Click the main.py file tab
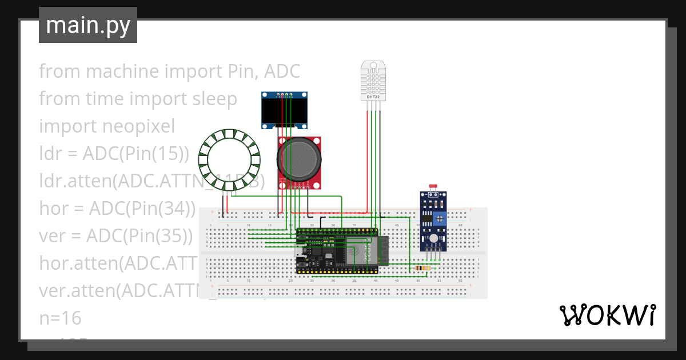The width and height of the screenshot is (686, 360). [x=87, y=25]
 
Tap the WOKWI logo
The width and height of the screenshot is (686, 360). [x=607, y=315]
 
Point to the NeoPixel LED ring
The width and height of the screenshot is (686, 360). [x=229, y=159]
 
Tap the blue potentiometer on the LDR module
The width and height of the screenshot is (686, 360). [x=440, y=218]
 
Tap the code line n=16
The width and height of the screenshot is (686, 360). [x=60, y=318]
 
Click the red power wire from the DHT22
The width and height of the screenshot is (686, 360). [x=366, y=160]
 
